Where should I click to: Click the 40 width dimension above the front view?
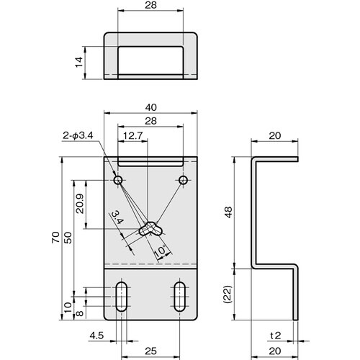tap(151, 105)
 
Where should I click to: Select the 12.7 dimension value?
tap(132, 135)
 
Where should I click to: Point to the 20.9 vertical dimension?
tap(78, 206)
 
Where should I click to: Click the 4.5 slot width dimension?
tap(96, 335)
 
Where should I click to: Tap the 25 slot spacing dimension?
tap(150, 351)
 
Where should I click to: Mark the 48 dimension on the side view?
tap(229, 212)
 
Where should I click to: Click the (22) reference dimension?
tap(229, 294)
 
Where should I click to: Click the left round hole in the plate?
tap(120, 179)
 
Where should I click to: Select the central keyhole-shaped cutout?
tap(150, 229)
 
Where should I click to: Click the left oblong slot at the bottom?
tap(120, 296)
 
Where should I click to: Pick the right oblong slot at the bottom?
tap(180, 296)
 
